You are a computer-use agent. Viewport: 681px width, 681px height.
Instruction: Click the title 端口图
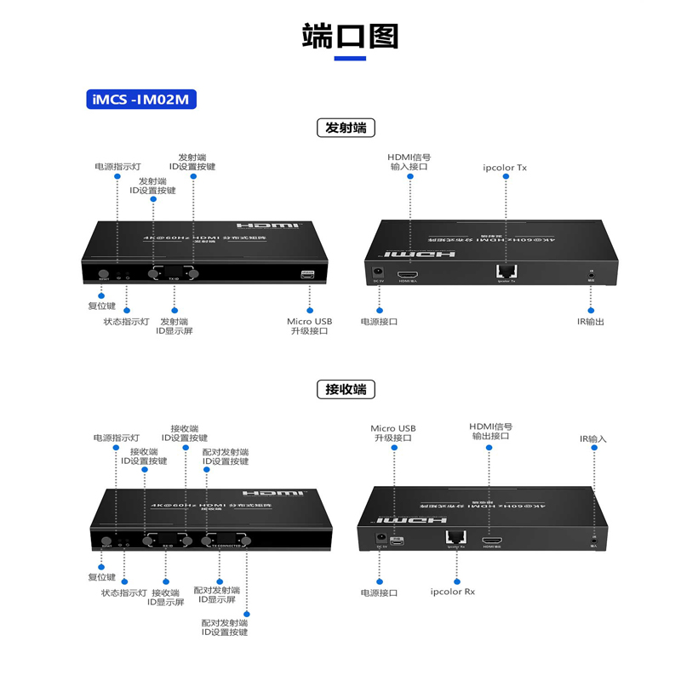(x=350, y=36)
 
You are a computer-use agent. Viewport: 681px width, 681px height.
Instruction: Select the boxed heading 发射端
(x=346, y=129)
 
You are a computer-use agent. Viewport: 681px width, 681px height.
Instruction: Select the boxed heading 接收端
(x=346, y=390)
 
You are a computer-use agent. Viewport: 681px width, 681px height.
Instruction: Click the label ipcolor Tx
(x=505, y=168)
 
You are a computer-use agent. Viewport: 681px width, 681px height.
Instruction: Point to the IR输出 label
(x=590, y=321)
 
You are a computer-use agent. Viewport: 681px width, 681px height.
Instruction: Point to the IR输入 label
(x=593, y=439)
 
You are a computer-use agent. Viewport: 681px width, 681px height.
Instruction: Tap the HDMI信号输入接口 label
(x=409, y=162)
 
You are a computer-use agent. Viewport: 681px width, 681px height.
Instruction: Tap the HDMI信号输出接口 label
(x=490, y=431)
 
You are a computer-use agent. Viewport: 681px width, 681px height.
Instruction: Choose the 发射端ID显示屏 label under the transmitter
(x=175, y=326)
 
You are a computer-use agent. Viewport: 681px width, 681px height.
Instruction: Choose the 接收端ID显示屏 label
(x=166, y=597)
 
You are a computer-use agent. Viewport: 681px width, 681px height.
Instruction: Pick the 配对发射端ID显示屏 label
(x=216, y=594)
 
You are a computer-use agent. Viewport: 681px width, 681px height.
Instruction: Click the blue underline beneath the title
(x=350, y=59)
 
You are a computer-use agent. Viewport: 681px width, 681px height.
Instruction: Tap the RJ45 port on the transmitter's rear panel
(x=505, y=271)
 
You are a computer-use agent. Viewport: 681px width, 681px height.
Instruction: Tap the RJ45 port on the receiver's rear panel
(x=455, y=537)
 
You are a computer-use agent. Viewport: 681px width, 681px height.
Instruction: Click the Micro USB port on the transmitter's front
(x=308, y=274)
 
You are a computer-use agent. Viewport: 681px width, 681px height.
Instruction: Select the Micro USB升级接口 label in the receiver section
(x=393, y=433)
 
